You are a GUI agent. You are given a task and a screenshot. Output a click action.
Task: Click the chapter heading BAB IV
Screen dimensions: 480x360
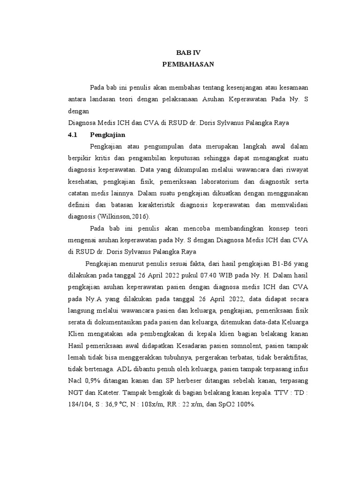tap(188, 53)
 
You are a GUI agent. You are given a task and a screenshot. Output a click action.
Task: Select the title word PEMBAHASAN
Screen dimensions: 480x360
tap(188, 65)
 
